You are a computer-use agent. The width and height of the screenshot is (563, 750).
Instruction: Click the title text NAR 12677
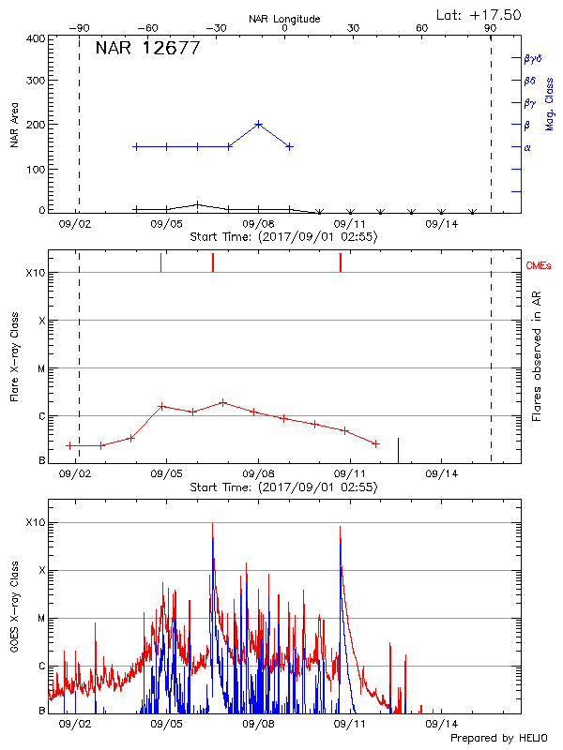pyautogui.click(x=147, y=49)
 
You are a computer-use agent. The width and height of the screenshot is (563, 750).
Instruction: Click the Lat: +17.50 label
pyautogui.click(x=479, y=14)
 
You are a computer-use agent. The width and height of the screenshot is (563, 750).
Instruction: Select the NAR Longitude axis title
pyautogui.click(x=284, y=19)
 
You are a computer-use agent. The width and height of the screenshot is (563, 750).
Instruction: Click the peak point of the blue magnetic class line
pyautogui.click(x=259, y=124)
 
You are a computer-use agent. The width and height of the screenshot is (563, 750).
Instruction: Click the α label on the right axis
pyautogui.click(x=526, y=147)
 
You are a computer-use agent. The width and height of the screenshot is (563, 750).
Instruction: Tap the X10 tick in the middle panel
pyautogui.click(x=36, y=273)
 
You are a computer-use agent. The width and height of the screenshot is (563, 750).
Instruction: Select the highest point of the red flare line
pyautogui.click(x=222, y=402)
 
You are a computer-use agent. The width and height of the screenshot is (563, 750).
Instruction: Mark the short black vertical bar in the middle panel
pyautogui.click(x=399, y=450)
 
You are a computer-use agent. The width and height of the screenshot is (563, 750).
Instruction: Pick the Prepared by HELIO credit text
pyautogui.click(x=498, y=739)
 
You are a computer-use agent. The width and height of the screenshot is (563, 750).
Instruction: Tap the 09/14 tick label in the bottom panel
pyautogui.click(x=441, y=724)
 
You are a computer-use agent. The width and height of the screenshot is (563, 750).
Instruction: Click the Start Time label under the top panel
pyautogui.click(x=283, y=237)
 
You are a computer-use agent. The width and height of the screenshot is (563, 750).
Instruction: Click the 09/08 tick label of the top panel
pyautogui.click(x=258, y=225)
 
